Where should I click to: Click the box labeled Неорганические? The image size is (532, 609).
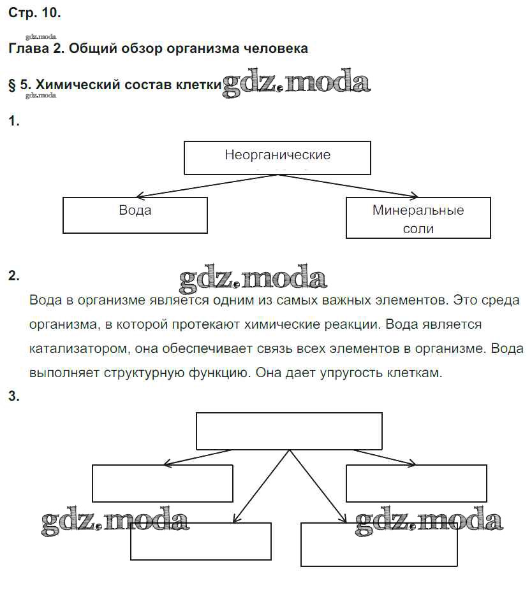(277, 157)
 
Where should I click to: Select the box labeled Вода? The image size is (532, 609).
(135, 215)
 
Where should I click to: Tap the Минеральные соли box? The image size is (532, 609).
(418, 218)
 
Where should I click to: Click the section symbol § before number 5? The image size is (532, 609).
(12, 85)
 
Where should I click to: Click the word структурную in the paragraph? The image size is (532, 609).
(144, 373)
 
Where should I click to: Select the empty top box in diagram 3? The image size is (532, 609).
(289, 431)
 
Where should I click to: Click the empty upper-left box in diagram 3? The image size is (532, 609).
(163, 483)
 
